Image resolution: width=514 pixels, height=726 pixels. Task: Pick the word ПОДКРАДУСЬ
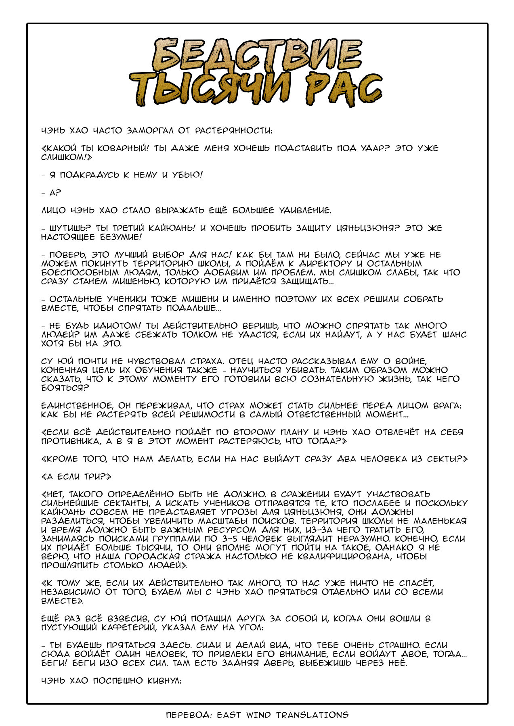(88, 175)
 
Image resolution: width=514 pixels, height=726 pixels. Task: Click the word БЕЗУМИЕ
(122, 237)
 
